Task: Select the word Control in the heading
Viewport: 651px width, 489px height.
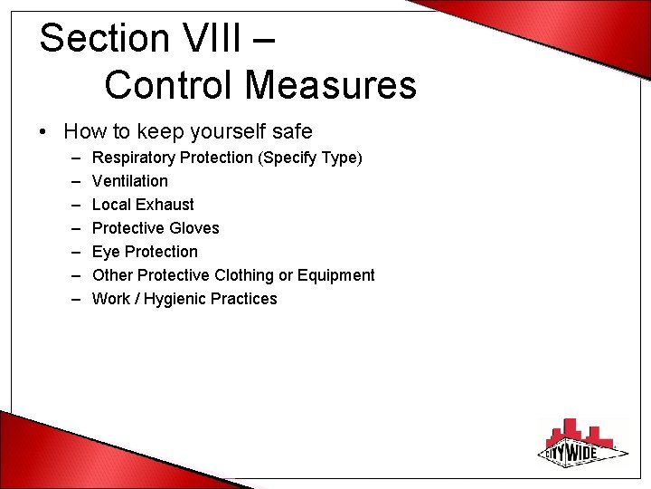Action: tap(168, 85)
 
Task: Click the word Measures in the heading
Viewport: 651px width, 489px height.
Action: tap(330, 85)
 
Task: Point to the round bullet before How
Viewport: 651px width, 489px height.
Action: tap(44, 132)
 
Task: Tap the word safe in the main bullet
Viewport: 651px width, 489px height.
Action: tap(289, 132)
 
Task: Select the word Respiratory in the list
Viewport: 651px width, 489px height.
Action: tap(134, 158)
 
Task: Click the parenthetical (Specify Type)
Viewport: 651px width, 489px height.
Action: tap(310, 158)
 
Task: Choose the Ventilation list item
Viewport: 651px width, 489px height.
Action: tap(130, 181)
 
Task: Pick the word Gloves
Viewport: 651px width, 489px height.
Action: tap(194, 228)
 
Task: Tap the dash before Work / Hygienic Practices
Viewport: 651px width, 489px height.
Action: tap(72, 299)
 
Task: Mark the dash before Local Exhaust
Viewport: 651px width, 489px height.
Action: tap(72, 205)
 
